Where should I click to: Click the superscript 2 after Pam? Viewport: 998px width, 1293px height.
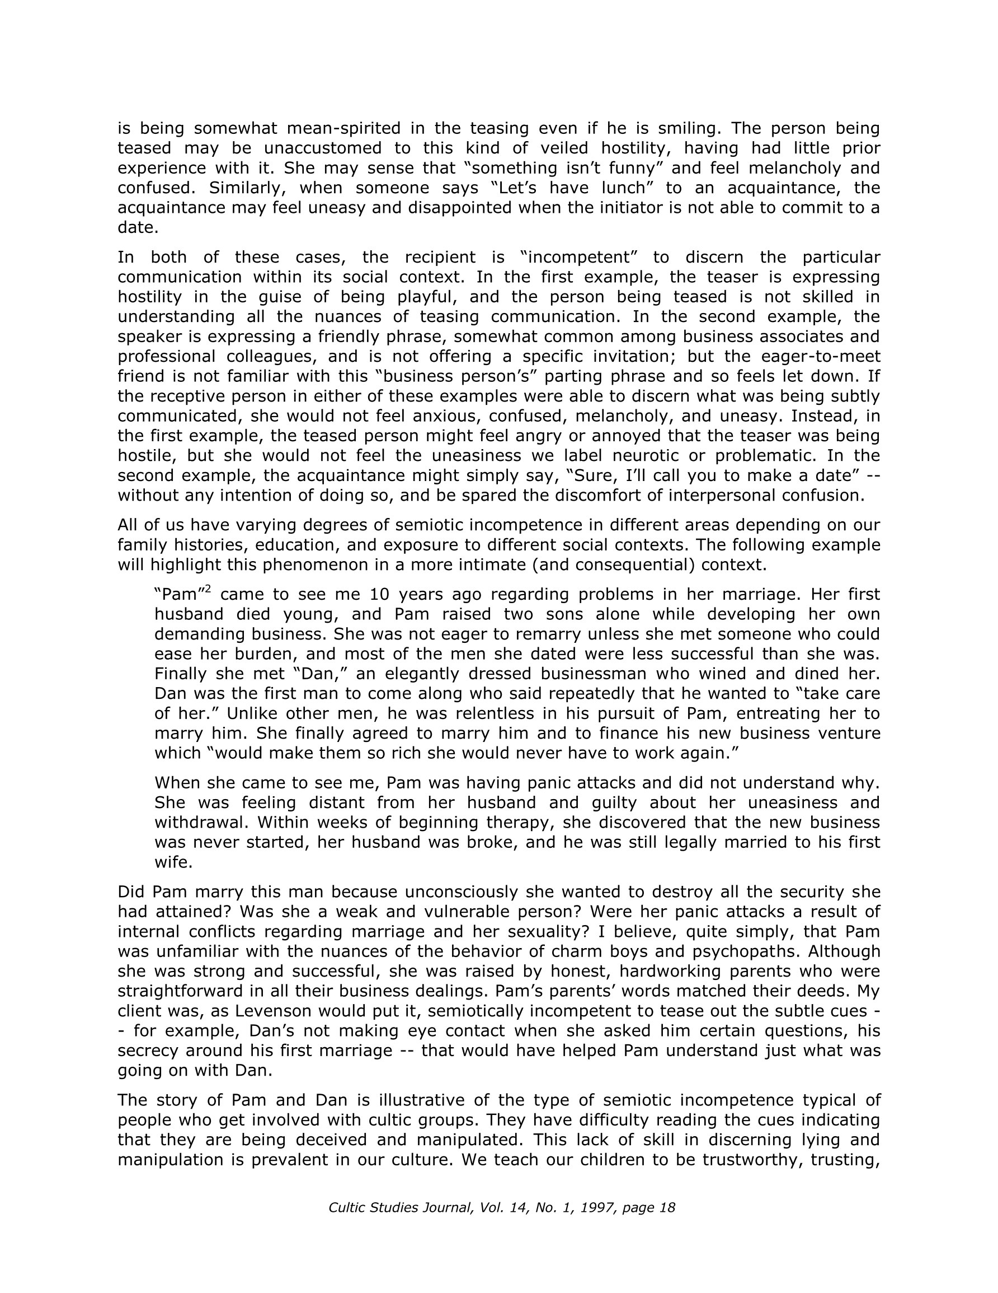(x=208, y=589)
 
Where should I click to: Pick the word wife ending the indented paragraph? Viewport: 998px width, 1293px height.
(x=173, y=862)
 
